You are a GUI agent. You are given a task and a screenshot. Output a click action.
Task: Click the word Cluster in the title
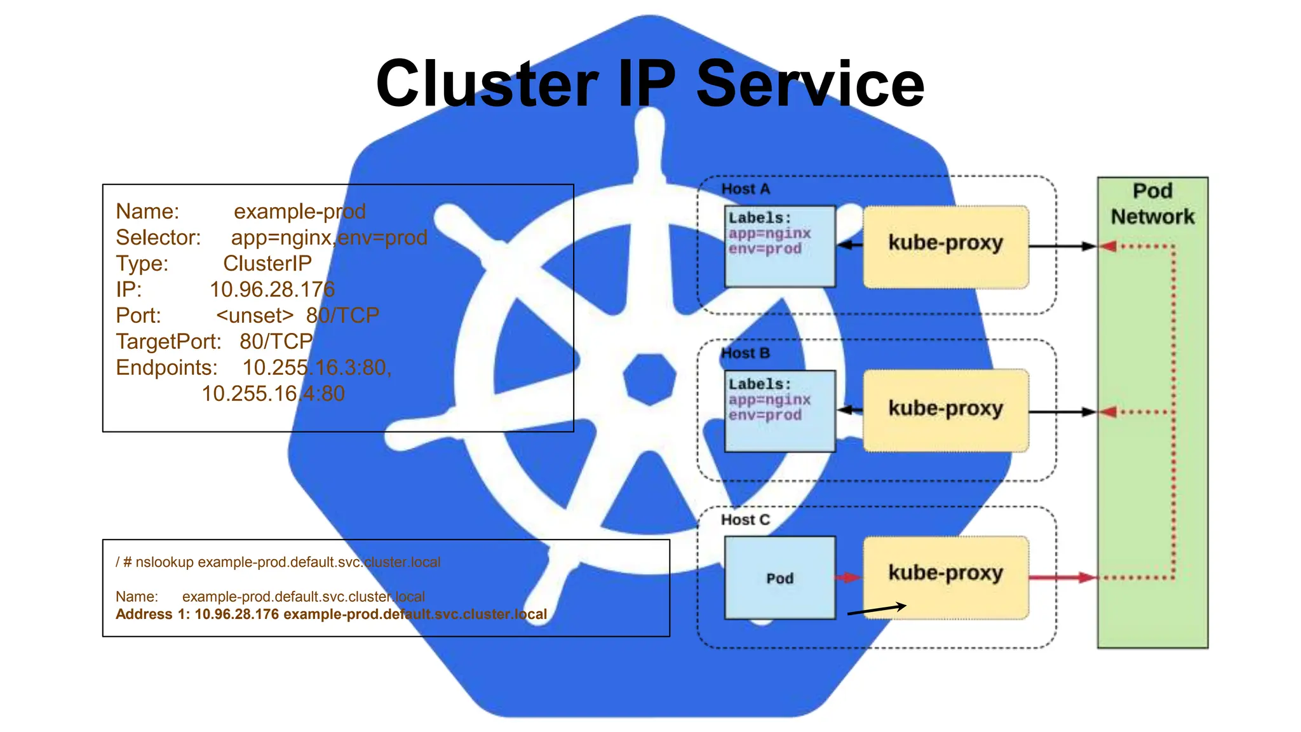487,84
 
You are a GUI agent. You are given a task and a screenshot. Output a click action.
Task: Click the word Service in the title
810,84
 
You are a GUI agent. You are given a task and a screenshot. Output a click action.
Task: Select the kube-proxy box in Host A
945,246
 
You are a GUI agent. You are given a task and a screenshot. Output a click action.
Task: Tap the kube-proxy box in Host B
945,410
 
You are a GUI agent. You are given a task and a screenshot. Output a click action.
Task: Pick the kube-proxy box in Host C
945,575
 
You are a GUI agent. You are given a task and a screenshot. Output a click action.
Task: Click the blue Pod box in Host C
779,578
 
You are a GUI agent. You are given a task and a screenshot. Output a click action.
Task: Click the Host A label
745,189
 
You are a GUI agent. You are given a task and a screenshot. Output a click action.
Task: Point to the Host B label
745,353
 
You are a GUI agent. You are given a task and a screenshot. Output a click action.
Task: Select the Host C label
745,520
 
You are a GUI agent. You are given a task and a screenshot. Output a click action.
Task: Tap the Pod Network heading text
1152,204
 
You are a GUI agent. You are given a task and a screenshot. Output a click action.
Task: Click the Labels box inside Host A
779,246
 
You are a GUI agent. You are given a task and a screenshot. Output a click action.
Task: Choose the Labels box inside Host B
779,410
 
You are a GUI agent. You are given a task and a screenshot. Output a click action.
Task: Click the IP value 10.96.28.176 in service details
272,290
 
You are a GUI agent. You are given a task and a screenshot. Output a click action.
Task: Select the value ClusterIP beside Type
267,264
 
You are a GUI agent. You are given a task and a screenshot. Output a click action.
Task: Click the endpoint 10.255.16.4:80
273,394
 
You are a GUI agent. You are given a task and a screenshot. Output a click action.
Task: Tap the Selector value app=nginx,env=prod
329,238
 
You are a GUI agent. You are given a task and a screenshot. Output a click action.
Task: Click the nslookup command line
278,562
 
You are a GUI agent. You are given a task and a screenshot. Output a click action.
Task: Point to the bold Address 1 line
330,614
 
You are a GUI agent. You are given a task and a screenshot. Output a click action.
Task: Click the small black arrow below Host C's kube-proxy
877,609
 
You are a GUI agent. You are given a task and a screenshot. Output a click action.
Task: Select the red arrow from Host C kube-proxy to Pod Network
1062,578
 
